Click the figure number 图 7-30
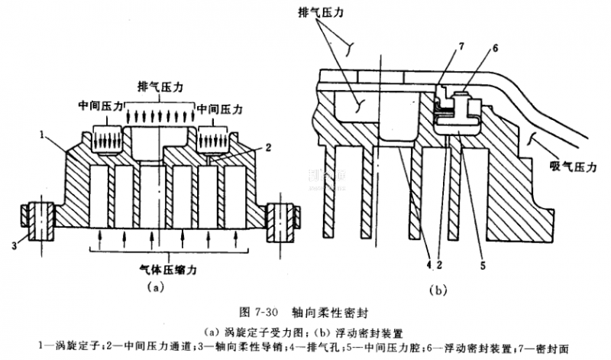(x=257, y=313)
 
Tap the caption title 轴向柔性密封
(x=328, y=313)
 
